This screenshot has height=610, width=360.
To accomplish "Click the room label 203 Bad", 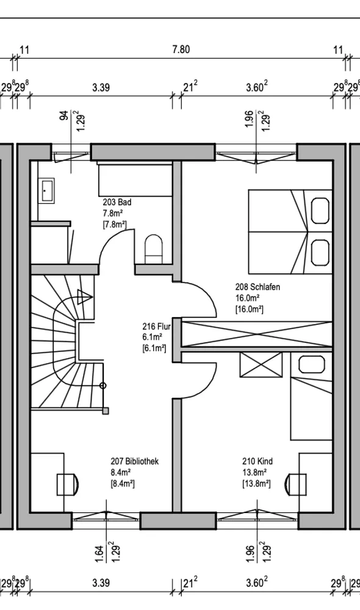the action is tap(117, 203).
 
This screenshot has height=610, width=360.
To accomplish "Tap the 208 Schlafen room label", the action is tap(257, 287).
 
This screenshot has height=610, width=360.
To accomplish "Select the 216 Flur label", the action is tap(156, 326).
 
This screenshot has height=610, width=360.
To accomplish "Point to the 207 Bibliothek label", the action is tap(135, 461).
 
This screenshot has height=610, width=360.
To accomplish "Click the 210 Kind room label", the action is tap(257, 461).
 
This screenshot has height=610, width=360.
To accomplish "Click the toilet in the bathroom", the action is tap(153, 249).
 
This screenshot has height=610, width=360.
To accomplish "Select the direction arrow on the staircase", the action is tap(85, 297).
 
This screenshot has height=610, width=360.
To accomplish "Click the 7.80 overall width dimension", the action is tap(181, 49).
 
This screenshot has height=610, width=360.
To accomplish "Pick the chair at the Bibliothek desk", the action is tap(68, 484).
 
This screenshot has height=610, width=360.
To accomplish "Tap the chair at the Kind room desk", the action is tap(295, 484).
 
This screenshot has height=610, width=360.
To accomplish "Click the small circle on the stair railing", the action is tap(103, 386).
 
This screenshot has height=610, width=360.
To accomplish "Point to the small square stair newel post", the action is tap(106, 411).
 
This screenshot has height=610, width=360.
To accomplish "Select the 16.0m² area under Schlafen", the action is tap(248, 298).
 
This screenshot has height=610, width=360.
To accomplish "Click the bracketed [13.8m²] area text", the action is tap(256, 484).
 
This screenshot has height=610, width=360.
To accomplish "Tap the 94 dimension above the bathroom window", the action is tap(64, 115).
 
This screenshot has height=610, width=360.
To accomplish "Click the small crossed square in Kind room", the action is tap(261, 365).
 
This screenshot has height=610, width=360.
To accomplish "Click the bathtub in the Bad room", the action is tap(135, 180).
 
